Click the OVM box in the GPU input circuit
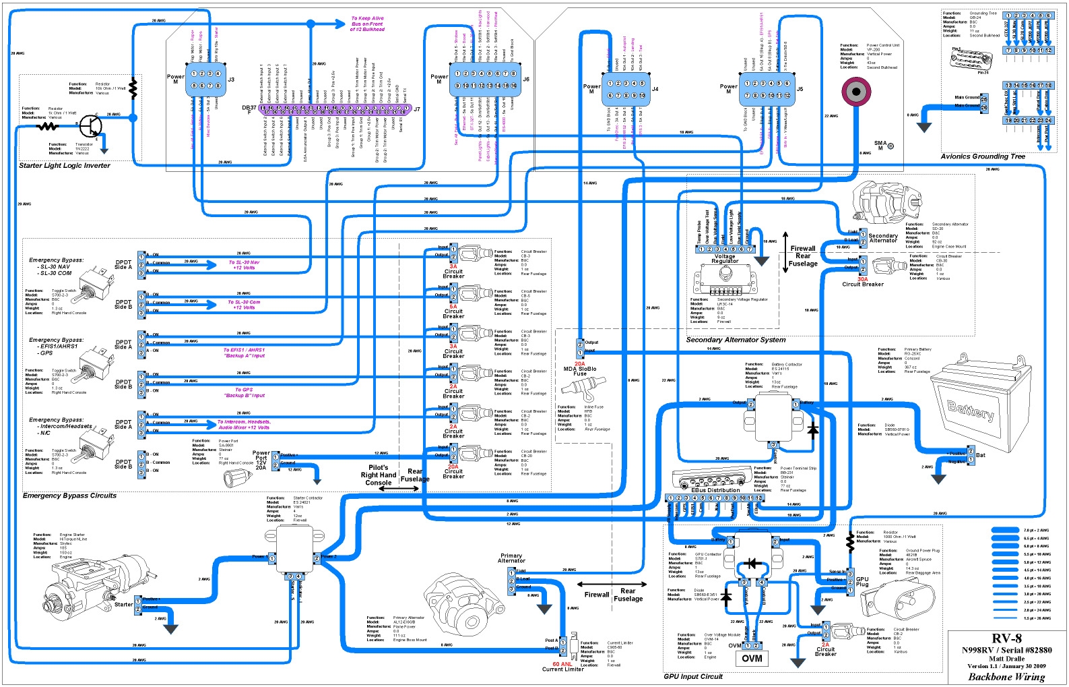point(752,659)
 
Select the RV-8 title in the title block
point(1006,638)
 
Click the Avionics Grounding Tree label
point(982,156)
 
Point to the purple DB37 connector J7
point(337,109)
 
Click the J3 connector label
point(231,80)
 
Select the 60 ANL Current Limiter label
point(563,666)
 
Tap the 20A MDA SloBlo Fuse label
point(579,369)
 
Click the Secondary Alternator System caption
point(736,340)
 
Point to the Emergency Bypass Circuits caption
point(69,496)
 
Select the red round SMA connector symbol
point(856,91)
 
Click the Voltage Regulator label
point(725,259)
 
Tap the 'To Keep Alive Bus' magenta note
point(367,24)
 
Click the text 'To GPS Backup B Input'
point(244,392)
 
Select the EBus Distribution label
point(715,490)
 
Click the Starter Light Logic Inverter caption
point(64,165)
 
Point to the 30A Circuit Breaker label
point(862,281)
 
